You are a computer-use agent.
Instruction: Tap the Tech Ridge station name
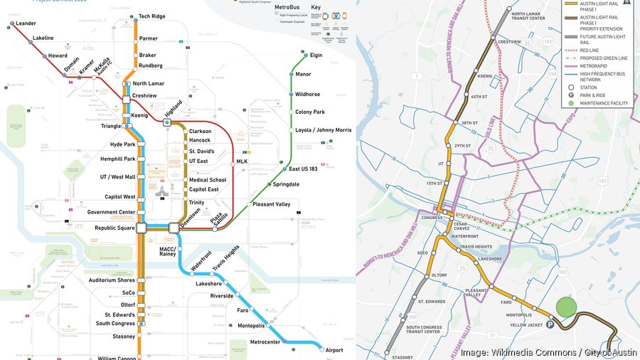151,16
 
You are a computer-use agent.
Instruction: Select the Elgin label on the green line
316,55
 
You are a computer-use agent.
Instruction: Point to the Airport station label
334,350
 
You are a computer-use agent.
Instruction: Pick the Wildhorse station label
307,94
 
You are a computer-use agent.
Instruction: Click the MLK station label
242,162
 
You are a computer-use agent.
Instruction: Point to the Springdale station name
286,184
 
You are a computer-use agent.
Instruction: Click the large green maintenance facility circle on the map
566,307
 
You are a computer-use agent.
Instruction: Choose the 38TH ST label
468,123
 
